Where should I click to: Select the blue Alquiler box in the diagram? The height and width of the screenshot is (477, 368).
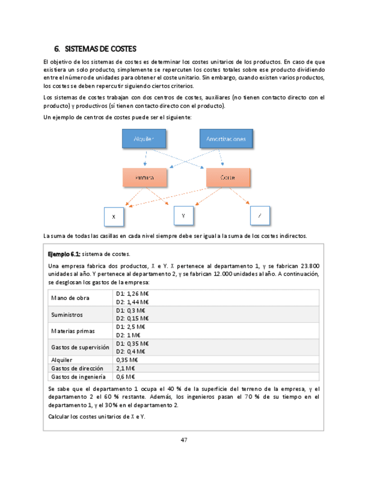point(144,139)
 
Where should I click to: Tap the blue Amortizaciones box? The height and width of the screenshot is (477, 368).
point(225,139)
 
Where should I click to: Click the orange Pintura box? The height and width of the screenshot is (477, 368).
point(144,178)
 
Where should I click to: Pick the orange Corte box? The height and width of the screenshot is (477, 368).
point(228,178)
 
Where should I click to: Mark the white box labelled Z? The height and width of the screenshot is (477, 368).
point(259,215)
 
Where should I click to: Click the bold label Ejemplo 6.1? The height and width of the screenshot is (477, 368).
point(65,254)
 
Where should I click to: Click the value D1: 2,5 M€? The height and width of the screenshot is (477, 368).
point(130,327)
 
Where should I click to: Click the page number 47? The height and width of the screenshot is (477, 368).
point(184,439)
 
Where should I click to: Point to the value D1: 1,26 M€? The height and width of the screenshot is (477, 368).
point(132,294)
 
